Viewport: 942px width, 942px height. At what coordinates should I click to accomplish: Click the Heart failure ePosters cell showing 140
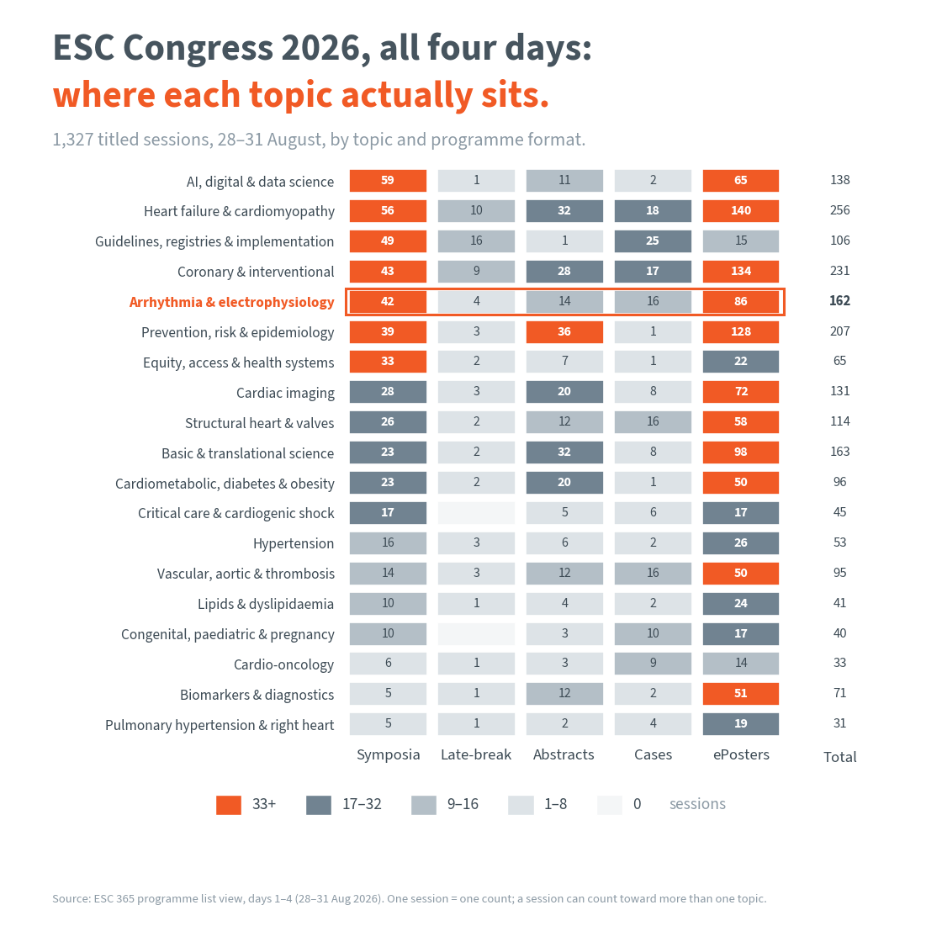tap(741, 211)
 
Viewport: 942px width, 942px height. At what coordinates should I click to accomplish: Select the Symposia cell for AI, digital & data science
tap(388, 181)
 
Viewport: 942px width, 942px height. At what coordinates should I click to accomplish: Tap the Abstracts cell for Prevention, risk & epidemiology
tap(564, 331)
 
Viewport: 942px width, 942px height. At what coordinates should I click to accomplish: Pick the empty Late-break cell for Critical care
tap(476, 513)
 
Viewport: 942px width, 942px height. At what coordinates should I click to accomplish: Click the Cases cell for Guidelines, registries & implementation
tap(653, 241)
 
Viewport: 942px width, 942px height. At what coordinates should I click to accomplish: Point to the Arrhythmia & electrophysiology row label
tap(232, 302)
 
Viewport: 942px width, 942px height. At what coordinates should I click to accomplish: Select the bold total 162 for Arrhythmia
tap(840, 301)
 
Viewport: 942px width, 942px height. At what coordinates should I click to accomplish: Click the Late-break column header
tap(476, 754)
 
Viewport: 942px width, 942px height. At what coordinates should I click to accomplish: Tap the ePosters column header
tap(741, 754)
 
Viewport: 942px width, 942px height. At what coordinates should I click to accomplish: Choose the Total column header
tap(840, 757)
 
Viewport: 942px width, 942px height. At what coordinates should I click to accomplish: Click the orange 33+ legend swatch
tap(229, 805)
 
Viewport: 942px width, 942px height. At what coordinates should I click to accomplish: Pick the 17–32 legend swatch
tap(319, 805)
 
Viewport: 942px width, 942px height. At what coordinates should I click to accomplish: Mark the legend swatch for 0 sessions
tap(610, 805)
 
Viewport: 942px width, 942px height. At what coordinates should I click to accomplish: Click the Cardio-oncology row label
tap(283, 665)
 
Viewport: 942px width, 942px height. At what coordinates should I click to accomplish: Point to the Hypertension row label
tap(294, 544)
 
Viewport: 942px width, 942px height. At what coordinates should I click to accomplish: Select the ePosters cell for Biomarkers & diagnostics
tap(741, 694)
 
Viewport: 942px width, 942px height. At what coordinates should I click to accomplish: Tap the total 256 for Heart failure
tap(840, 210)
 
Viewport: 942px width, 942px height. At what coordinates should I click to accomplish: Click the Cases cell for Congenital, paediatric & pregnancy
tap(653, 634)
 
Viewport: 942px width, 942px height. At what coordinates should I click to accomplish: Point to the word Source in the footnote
tap(70, 899)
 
